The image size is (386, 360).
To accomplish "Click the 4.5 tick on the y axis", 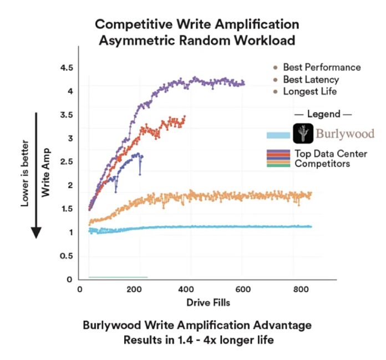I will tap(67, 68).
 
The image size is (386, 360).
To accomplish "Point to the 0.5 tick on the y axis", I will tap(67, 256).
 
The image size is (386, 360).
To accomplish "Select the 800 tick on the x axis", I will tap(298, 289).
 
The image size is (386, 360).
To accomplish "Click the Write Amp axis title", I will tap(45, 172).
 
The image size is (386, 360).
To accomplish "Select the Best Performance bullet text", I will tap(322, 67).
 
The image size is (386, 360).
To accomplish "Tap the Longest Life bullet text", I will tap(309, 91).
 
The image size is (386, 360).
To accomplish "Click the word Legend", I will tap(322, 114).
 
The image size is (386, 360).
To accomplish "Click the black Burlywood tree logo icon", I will tap(303, 134).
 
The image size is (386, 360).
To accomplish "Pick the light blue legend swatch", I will tap(278, 135).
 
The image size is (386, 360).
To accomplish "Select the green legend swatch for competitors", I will tap(278, 165).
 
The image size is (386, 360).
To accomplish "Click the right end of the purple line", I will tap(243, 84).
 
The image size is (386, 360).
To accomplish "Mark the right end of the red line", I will tap(185, 118).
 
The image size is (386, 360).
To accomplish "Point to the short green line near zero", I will tap(118, 277).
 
